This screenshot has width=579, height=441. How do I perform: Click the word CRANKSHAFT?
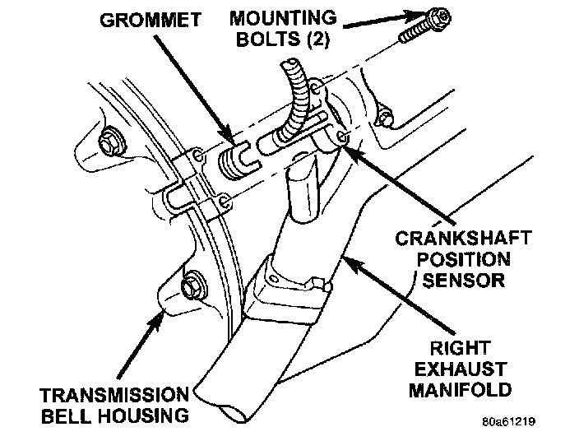tap(463, 239)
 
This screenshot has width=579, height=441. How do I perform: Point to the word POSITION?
tap(462, 260)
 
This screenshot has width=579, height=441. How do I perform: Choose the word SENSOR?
tap(462, 281)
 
